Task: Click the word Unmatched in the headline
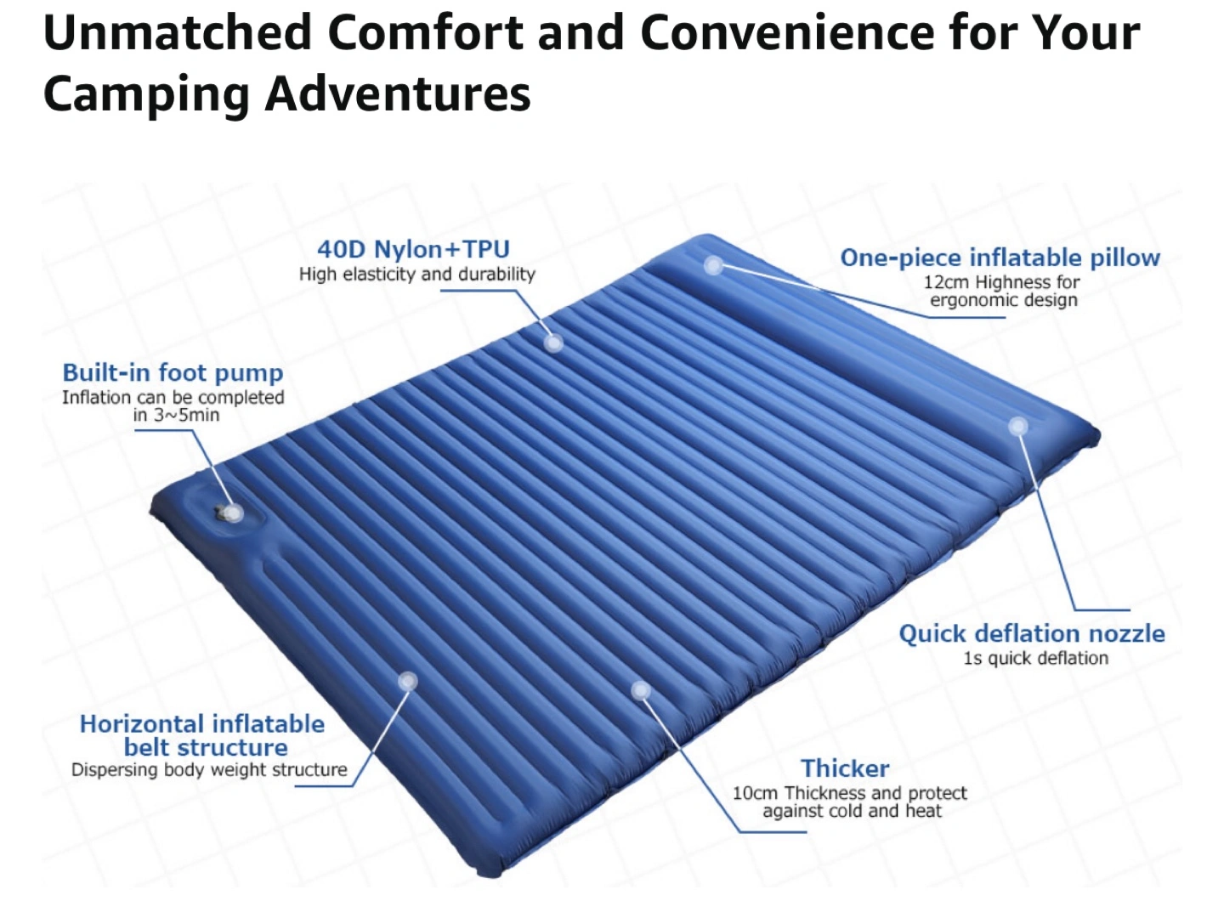point(177,33)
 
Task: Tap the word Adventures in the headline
point(398,93)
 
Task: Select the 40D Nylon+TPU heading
point(413,249)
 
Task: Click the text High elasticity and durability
point(417,275)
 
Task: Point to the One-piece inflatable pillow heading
point(1000,258)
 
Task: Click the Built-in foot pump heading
point(173,373)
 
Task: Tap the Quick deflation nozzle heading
point(1032,634)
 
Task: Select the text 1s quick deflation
point(1035,658)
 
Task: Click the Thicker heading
point(845,768)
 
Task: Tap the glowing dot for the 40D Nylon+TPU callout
point(553,343)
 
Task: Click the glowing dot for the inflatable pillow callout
point(713,265)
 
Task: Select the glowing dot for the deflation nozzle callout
point(1018,427)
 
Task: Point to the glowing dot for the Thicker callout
point(641,691)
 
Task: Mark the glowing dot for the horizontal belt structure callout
point(408,681)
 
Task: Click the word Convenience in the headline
point(787,33)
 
